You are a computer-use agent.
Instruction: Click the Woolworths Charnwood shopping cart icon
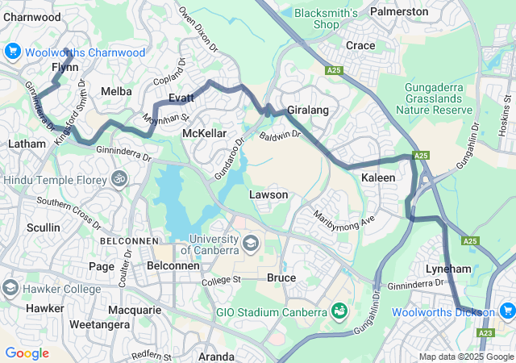[12, 52]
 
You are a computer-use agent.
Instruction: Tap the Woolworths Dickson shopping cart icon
[507, 311]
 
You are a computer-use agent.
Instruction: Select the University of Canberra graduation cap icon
[251, 242]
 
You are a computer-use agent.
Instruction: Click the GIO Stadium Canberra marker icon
[339, 311]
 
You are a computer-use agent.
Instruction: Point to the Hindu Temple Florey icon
[119, 177]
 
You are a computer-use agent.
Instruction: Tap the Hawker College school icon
[10, 288]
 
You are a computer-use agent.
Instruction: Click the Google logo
[27, 353]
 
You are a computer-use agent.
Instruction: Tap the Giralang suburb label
[306, 111]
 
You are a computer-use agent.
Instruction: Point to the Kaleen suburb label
[377, 177]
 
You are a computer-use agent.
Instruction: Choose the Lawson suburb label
[268, 194]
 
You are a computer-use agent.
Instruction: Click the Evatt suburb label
[181, 98]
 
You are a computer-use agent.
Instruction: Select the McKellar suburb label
[205, 133]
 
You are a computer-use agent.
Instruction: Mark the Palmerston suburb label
[398, 11]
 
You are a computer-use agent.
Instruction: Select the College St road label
[221, 280]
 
